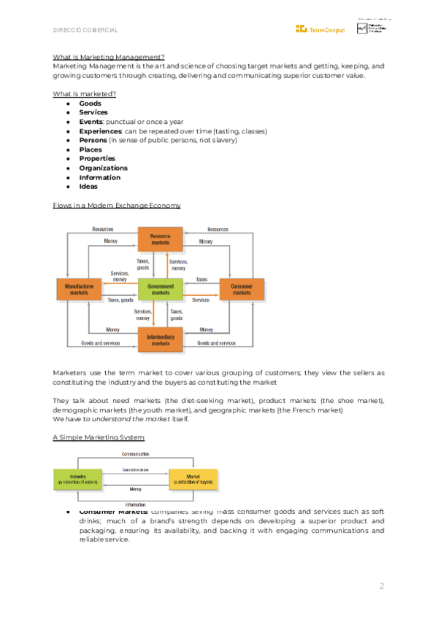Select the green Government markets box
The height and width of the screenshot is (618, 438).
[x=161, y=290]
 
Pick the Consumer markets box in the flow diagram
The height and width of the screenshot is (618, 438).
[x=242, y=290]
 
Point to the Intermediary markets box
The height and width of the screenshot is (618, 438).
[x=161, y=340]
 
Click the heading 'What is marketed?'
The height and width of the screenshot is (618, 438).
[x=85, y=94]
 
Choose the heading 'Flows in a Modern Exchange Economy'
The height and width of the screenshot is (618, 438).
[x=117, y=206]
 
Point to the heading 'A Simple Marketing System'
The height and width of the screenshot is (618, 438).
[x=99, y=437]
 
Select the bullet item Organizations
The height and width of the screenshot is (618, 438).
[x=103, y=168]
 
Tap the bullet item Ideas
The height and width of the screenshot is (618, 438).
[x=88, y=187]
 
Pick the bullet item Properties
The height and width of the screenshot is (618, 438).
[x=97, y=159]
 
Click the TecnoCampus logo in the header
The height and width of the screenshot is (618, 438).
[x=320, y=28]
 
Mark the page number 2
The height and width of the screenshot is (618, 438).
[x=381, y=587]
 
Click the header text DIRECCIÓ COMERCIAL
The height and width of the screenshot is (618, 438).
[x=85, y=30]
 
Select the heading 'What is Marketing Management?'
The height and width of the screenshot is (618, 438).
[x=109, y=57]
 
